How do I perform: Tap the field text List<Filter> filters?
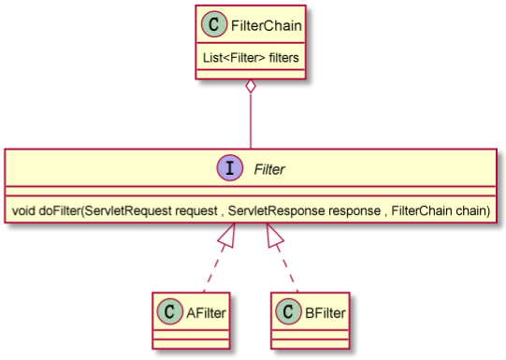click(x=251, y=56)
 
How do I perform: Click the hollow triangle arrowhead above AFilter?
click(x=227, y=237)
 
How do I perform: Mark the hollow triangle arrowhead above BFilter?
click(x=275, y=237)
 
